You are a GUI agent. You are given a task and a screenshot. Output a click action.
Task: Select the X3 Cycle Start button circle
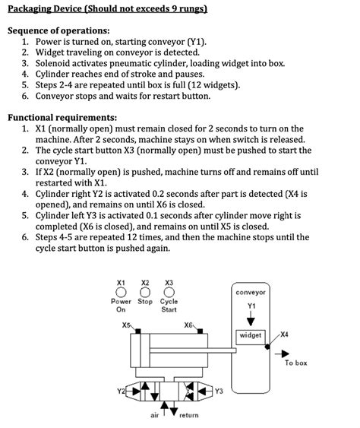pos(169,291)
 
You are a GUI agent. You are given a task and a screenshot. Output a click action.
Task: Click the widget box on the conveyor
pos(250,335)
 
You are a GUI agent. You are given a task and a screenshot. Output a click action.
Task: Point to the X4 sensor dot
pos(267,343)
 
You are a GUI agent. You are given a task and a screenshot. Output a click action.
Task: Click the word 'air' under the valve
pos(156,416)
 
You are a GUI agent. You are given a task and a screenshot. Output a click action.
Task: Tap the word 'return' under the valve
pos(188,416)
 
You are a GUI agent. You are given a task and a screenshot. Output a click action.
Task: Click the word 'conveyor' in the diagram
pos(251,292)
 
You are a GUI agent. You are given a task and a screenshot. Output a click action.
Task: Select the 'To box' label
pos(296,363)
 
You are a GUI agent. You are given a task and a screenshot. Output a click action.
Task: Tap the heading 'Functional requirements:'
pos(62,118)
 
